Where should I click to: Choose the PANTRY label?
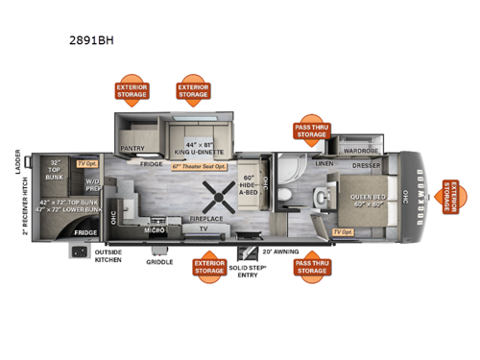pyautogui.click(x=132, y=148)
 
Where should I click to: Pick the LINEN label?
pyautogui.click(x=324, y=164)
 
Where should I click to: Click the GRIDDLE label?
pyautogui.click(x=159, y=261)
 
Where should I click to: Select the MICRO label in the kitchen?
pyautogui.click(x=153, y=229)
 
